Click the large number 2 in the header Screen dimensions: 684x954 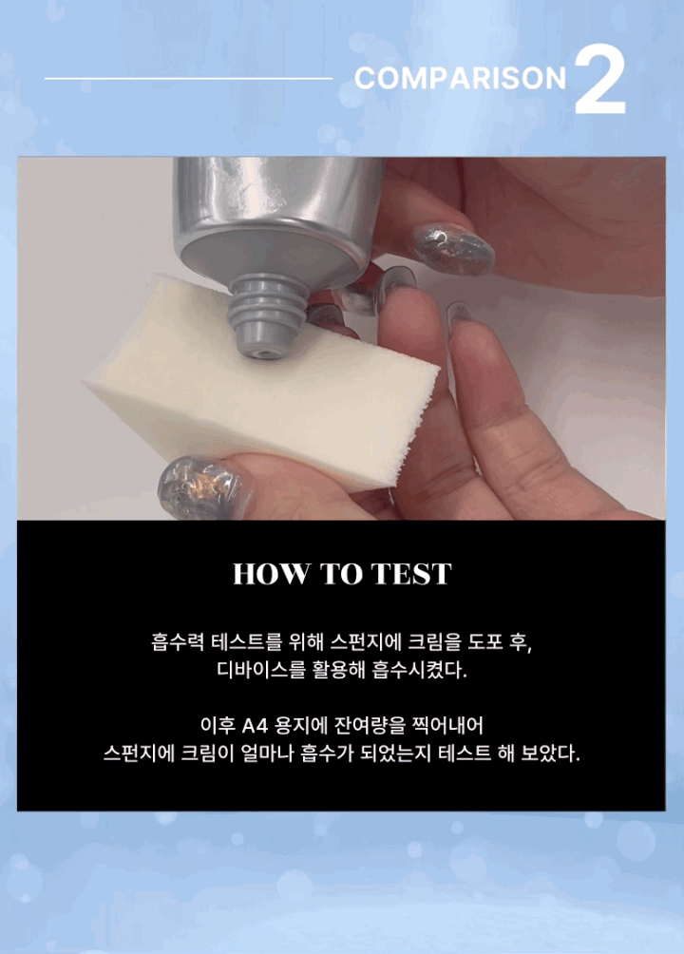[600, 80]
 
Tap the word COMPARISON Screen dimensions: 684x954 [460, 79]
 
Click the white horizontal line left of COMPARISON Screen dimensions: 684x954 [189, 79]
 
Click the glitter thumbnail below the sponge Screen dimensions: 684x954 [198, 489]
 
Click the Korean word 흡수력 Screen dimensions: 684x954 [177, 642]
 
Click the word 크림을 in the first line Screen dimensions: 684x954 [434, 642]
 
